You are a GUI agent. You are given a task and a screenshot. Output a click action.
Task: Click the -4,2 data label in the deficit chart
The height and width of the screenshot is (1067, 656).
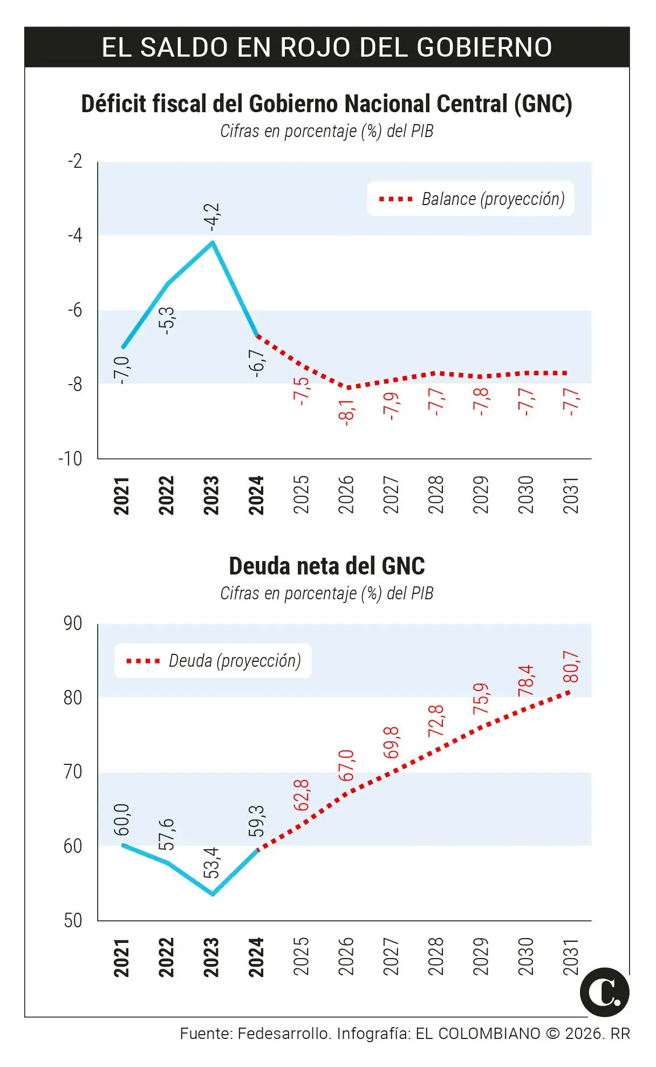(214, 217)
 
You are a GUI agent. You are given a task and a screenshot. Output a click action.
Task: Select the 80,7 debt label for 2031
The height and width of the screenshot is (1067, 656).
(571, 667)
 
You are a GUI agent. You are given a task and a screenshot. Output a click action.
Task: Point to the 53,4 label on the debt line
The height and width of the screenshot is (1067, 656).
(211, 862)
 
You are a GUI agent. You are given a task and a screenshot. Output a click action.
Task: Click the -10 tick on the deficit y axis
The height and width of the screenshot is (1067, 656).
(70, 459)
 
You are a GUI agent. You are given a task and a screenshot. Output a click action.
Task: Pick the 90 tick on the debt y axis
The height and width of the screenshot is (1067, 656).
(73, 624)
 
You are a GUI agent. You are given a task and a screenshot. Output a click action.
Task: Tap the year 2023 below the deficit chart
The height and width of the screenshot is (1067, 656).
(211, 495)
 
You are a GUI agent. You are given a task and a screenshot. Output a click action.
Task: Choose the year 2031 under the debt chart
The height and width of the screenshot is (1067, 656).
(571, 957)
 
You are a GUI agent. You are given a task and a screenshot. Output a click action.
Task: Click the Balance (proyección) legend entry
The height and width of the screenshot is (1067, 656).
(493, 199)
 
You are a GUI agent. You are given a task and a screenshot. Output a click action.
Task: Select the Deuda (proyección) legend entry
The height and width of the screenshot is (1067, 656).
(234, 661)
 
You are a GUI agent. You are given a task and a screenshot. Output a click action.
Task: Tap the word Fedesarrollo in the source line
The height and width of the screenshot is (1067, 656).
(283, 1034)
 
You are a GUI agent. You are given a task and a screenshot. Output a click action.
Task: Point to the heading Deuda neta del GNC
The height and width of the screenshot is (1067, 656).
(327, 566)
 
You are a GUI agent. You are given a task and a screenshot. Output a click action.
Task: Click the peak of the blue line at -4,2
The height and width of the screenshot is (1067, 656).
(213, 242)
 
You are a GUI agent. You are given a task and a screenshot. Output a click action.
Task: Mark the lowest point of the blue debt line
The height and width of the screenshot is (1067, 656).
(213, 894)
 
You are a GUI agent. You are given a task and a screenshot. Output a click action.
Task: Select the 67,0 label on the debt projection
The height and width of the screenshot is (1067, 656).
(346, 765)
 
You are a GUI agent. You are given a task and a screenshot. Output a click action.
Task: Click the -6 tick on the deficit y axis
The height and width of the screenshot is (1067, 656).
(75, 310)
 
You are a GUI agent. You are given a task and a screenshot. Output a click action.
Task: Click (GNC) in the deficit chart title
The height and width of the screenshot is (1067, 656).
(543, 104)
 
